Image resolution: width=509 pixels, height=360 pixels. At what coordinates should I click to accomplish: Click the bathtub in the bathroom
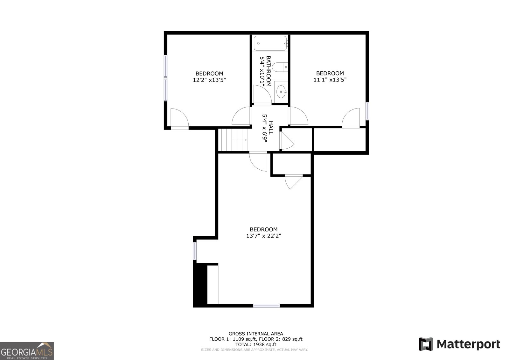[x=270, y=43]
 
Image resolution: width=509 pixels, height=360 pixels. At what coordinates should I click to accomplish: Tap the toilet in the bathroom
[x=280, y=67]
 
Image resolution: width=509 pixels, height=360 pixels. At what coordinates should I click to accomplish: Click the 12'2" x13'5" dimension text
[x=209, y=80]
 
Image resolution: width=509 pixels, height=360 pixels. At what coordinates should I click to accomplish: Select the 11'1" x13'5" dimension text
[x=330, y=80]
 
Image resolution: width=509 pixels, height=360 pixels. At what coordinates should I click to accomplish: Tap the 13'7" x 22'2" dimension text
[x=264, y=236]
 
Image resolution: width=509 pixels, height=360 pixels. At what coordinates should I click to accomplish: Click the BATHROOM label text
[x=268, y=71]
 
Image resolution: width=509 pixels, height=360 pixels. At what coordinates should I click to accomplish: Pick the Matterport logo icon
[x=426, y=344]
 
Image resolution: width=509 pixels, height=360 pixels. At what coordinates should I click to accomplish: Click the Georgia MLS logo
[x=27, y=351]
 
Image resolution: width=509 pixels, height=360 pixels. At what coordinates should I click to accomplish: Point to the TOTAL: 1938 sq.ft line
[x=256, y=344]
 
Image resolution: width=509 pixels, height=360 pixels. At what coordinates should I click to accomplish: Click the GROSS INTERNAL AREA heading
[x=256, y=334]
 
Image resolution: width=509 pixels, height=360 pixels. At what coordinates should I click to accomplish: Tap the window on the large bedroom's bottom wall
[x=266, y=306]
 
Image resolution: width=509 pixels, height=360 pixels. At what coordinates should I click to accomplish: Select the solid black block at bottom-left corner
[x=200, y=285]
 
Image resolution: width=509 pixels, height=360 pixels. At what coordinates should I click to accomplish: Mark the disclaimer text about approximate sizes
[x=254, y=350]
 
